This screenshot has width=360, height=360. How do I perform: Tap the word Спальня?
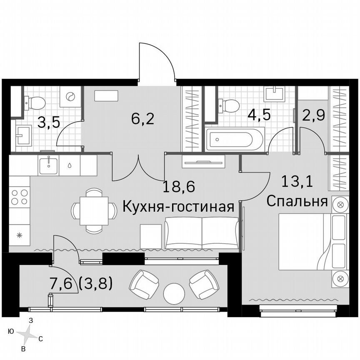pyautogui.click(x=296, y=202)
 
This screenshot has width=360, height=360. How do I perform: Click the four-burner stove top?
pyautogui.click(x=19, y=197)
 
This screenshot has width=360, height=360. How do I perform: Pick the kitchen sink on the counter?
pyautogui.click(x=49, y=165)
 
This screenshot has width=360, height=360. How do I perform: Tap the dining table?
pyautogui.click(x=94, y=210)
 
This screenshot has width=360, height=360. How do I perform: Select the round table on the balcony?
pyautogui.click(x=174, y=294)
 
